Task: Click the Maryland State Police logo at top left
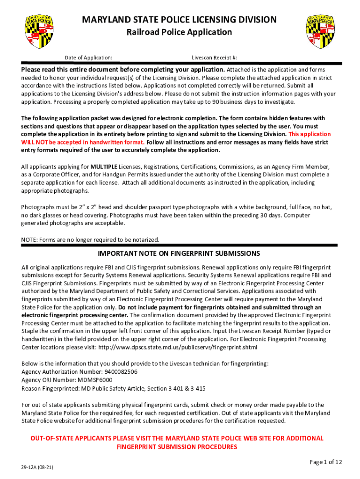click(x=40, y=31)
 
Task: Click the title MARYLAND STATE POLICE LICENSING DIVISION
click(x=180, y=20)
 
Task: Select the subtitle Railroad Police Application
click(x=180, y=32)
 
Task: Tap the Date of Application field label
click(x=88, y=58)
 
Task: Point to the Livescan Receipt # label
click(x=214, y=58)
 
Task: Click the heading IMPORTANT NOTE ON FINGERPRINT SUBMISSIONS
click(x=179, y=254)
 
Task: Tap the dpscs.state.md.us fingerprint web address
click(x=184, y=348)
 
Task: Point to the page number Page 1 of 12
click(x=326, y=462)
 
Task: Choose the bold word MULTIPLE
click(x=104, y=167)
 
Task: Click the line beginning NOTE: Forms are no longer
click(x=90, y=240)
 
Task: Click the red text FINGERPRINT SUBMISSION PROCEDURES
click(x=177, y=447)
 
